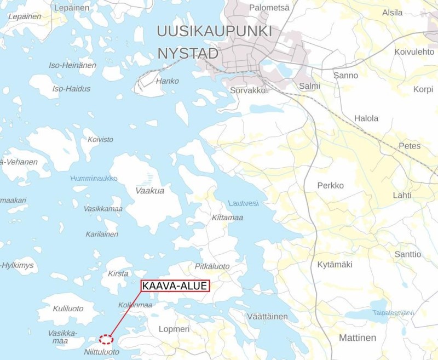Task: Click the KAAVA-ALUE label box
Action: [x=175, y=286]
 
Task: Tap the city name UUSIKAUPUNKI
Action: [x=214, y=31]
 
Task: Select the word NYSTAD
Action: [x=188, y=54]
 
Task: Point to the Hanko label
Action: [x=168, y=81]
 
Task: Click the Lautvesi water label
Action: [x=243, y=203]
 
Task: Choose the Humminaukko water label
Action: [x=94, y=179]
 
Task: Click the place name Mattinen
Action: [x=358, y=338]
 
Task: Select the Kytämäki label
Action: [x=335, y=265]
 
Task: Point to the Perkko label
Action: [x=331, y=186]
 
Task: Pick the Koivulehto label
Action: [x=414, y=52]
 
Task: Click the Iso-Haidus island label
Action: [x=71, y=89]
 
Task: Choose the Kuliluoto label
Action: [x=68, y=308]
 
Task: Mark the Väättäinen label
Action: [x=268, y=317]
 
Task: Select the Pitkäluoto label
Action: [x=212, y=266]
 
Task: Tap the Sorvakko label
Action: [x=247, y=89]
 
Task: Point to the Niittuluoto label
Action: [x=102, y=352]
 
